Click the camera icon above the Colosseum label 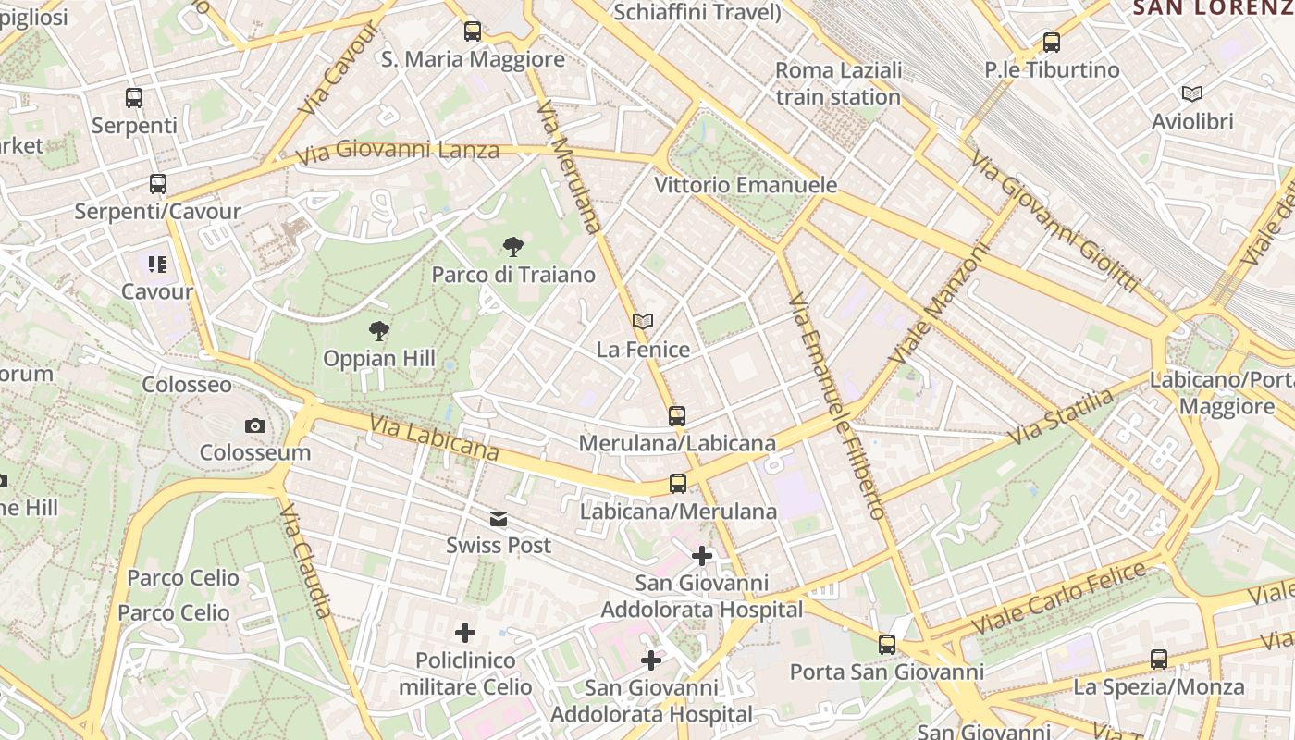(255, 425)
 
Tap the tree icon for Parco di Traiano (513, 247)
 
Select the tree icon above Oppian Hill (378, 331)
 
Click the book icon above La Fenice (643, 322)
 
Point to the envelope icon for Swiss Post (499, 518)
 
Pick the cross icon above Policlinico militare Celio (465, 633)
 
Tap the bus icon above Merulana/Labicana (677, 416)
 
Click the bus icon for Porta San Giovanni (887, 645)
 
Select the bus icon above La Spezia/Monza (1159, 660)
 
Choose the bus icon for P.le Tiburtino (1052, 43)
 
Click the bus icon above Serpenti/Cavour (158, 184)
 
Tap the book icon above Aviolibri (1192, 93)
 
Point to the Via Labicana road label (434, 438)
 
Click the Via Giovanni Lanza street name (398, 151)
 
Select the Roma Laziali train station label (838, 83)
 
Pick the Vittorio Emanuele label (746, 185)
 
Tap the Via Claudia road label (306, 561)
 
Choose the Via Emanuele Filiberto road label (837, 405)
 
